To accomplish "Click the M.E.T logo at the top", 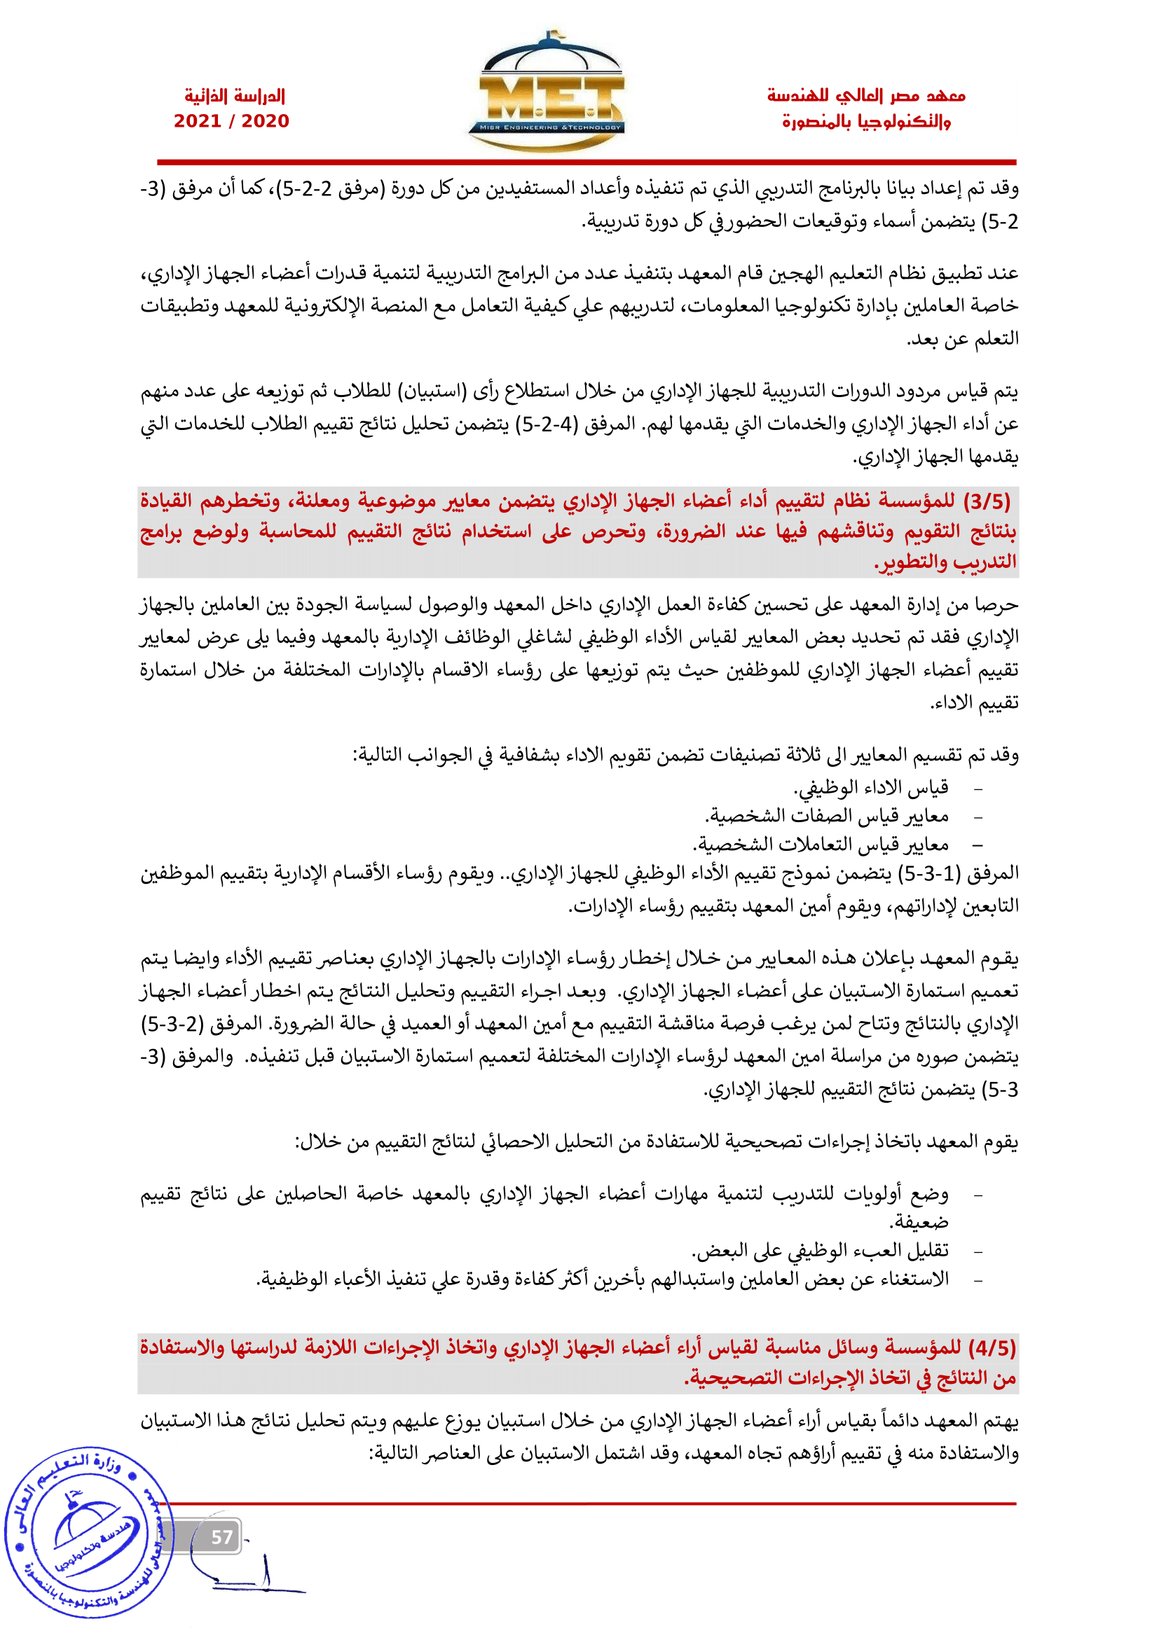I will pos(546,92).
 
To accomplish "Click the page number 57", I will pos(222,1537).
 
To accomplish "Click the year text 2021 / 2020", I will pos(231,121).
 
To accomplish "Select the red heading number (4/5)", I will pos(992,1349).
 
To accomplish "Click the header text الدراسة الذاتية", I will pos(235,96).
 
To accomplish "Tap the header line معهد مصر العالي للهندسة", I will pos(865,96).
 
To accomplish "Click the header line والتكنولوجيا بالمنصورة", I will pos(865,122).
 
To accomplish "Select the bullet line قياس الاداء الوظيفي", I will pos(871,788).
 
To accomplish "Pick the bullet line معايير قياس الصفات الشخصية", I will pos(827,816).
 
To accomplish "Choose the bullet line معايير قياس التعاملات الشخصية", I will pos(821,845).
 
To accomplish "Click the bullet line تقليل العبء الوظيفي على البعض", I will pos(820,1251).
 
